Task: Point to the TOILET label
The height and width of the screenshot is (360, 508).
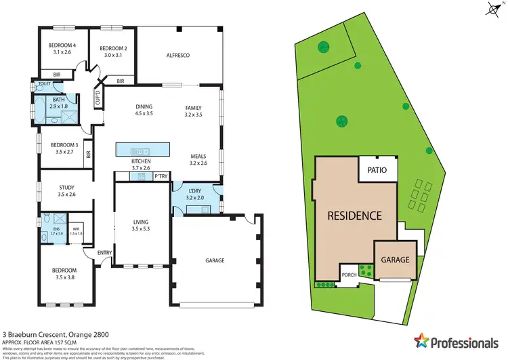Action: (x=44, y=84)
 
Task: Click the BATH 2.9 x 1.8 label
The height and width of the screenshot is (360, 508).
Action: (x=59, y=103)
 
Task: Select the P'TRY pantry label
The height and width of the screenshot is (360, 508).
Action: (x=161, y=176)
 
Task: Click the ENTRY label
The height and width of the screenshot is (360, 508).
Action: (x=104, y=253)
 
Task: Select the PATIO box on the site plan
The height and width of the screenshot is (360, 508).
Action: (x=377, y=170)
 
